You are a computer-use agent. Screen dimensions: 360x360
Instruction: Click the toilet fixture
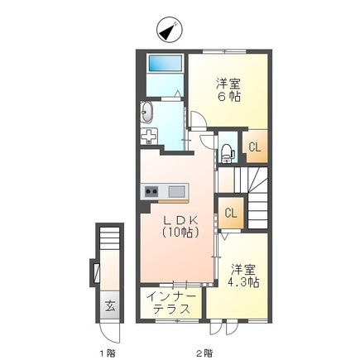click(x=227, y=153)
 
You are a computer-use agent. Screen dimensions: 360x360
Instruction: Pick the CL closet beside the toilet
click(x=254, y=148)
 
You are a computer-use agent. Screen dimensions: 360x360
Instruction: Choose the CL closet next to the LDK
click(x=230, y=213)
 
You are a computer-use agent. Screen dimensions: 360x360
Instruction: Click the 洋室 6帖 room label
click(x=228, y=89)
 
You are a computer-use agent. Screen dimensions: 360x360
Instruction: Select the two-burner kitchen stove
click(x=152, y=192)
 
